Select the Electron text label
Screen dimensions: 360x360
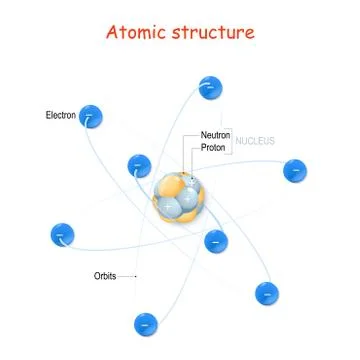(x=60, y=114)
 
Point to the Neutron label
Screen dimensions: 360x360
(x=215, y=134)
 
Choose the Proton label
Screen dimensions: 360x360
(x=213, y=147)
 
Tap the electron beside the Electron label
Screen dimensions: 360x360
(x=92, y=117)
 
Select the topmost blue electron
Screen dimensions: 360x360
(x=210, y=87)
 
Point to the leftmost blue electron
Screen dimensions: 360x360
(x=62, y=236)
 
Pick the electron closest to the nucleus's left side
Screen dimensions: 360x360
(x=139, y=164)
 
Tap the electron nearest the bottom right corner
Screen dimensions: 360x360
(x=266, y=293)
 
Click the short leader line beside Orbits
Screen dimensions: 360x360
(x=130, y=274)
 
